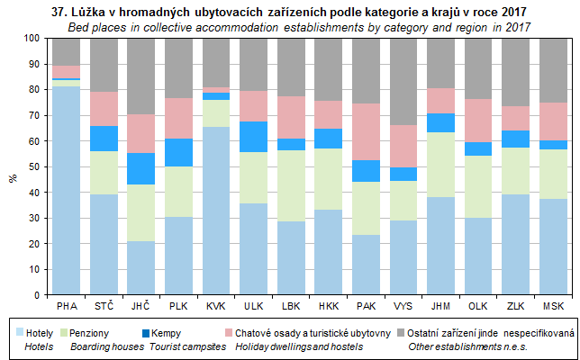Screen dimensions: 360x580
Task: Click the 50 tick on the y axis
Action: [x=35, y=166]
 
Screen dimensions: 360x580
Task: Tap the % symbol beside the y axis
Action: [x=13, y=178]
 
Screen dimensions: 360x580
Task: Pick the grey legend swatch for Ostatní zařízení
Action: [x=402, y=332]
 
